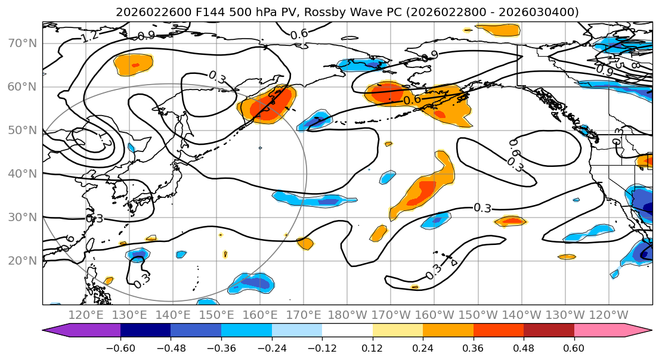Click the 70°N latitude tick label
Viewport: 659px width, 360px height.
tap(23, 43)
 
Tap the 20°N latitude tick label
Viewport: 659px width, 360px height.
tap(23, 261)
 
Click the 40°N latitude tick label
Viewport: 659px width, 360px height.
tap(23, 174)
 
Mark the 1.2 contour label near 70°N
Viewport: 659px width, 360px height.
tap(89, 36)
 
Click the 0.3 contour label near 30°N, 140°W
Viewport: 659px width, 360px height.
tap(482, 208)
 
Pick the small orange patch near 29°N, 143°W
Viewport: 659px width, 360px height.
tap(511, 221)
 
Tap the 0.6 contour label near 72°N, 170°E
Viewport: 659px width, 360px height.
tap(299, 34)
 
